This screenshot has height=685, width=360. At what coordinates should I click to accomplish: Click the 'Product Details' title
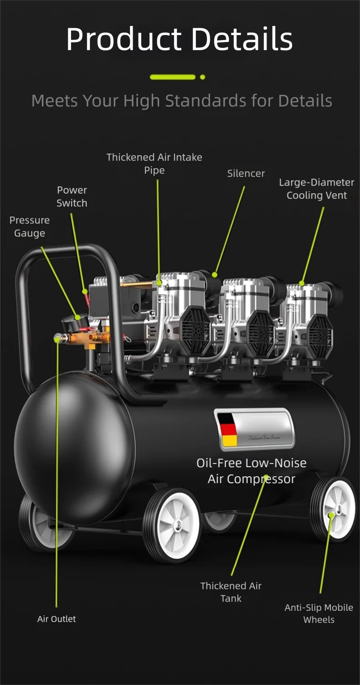tap(180, 39)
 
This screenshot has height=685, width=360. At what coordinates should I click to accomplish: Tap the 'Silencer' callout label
tap(246, 174)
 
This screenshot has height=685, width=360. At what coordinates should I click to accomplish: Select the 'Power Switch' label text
tap(72, 196)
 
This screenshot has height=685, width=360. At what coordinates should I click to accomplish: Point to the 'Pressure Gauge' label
tap(30, 227)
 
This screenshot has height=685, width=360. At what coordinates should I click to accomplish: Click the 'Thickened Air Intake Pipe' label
tap(154, 164)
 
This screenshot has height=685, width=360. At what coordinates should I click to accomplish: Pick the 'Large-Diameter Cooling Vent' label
tap(316, 189)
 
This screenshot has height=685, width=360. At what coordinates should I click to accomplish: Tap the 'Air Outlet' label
tap(57, 619)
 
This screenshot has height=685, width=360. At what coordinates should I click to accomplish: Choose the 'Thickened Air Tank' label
tap(231, 592)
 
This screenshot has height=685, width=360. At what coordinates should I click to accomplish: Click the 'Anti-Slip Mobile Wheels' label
tap(319, 613)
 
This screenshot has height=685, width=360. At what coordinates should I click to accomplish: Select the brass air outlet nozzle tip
tap(58, 338)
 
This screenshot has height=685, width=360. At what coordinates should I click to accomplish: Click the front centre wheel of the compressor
tap(172, 525)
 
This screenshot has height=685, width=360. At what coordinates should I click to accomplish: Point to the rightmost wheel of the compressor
tap(334, 509)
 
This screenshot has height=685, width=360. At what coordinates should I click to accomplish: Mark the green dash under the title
tap(173, 77)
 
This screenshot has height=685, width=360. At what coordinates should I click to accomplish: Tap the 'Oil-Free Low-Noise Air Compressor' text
tap(252, 471)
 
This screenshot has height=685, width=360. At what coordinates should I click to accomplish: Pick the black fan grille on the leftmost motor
tap(195, 330)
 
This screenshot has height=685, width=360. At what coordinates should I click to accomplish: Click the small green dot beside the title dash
tap(202, 77)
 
